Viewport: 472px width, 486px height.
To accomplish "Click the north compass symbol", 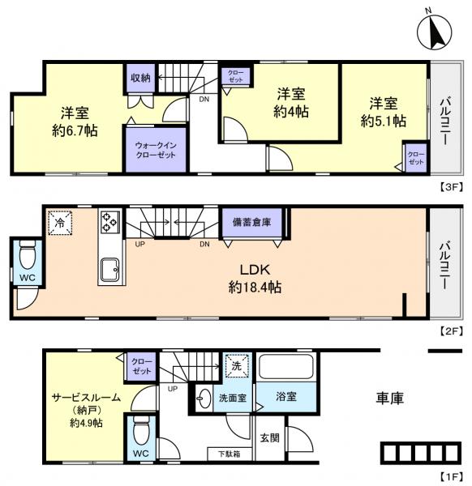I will [x=436, y=32].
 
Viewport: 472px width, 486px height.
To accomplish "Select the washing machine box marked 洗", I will [x=237, y=365].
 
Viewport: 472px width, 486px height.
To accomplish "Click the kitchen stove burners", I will [x=109, y=221].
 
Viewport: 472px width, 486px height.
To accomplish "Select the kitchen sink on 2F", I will [x=109, y=268].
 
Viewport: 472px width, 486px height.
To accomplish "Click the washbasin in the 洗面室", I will [x=204, y=396].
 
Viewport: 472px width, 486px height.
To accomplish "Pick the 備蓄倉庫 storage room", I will [x=251, y=222].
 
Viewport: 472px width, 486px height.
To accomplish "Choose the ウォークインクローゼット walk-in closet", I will [x=155, y=149].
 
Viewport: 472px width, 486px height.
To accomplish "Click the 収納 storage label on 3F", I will [x=139, y=78].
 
